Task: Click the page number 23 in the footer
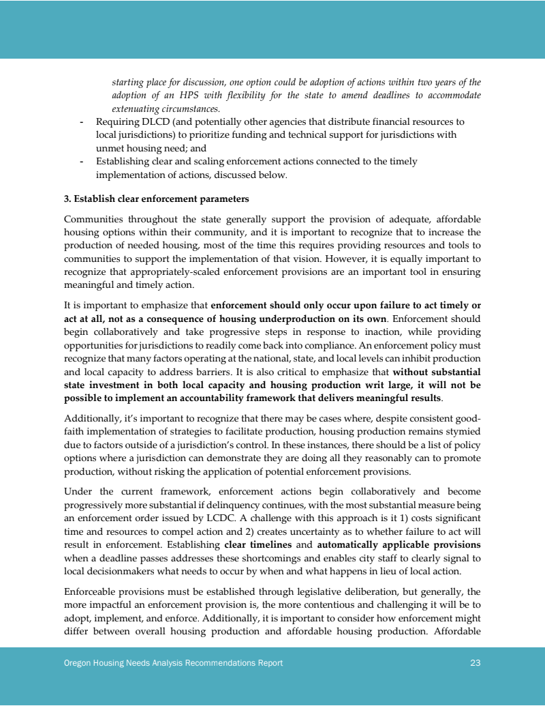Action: pos(476,662)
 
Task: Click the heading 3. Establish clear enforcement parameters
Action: pos(156,199)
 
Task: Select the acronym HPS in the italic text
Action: pos(223,95)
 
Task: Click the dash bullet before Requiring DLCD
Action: pos(82,121)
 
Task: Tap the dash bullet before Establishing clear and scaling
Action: pos(82,162)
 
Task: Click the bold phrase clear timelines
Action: pos(258,545)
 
